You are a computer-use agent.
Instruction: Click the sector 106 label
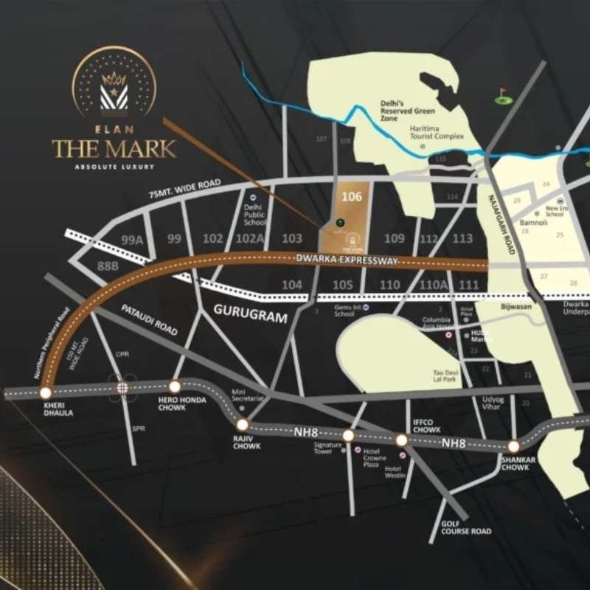coord(353,197)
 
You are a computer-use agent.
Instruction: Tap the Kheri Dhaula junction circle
coord(46,392)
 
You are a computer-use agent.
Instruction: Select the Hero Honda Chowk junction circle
coord(175,386)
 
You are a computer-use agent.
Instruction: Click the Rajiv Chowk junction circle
coord(242,424)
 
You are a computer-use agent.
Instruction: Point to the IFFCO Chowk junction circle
coord(402,440)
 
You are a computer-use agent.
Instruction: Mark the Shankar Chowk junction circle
coord(513,445)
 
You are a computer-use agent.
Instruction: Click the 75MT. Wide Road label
coord(184,189)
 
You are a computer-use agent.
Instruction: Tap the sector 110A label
coord(428,285)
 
